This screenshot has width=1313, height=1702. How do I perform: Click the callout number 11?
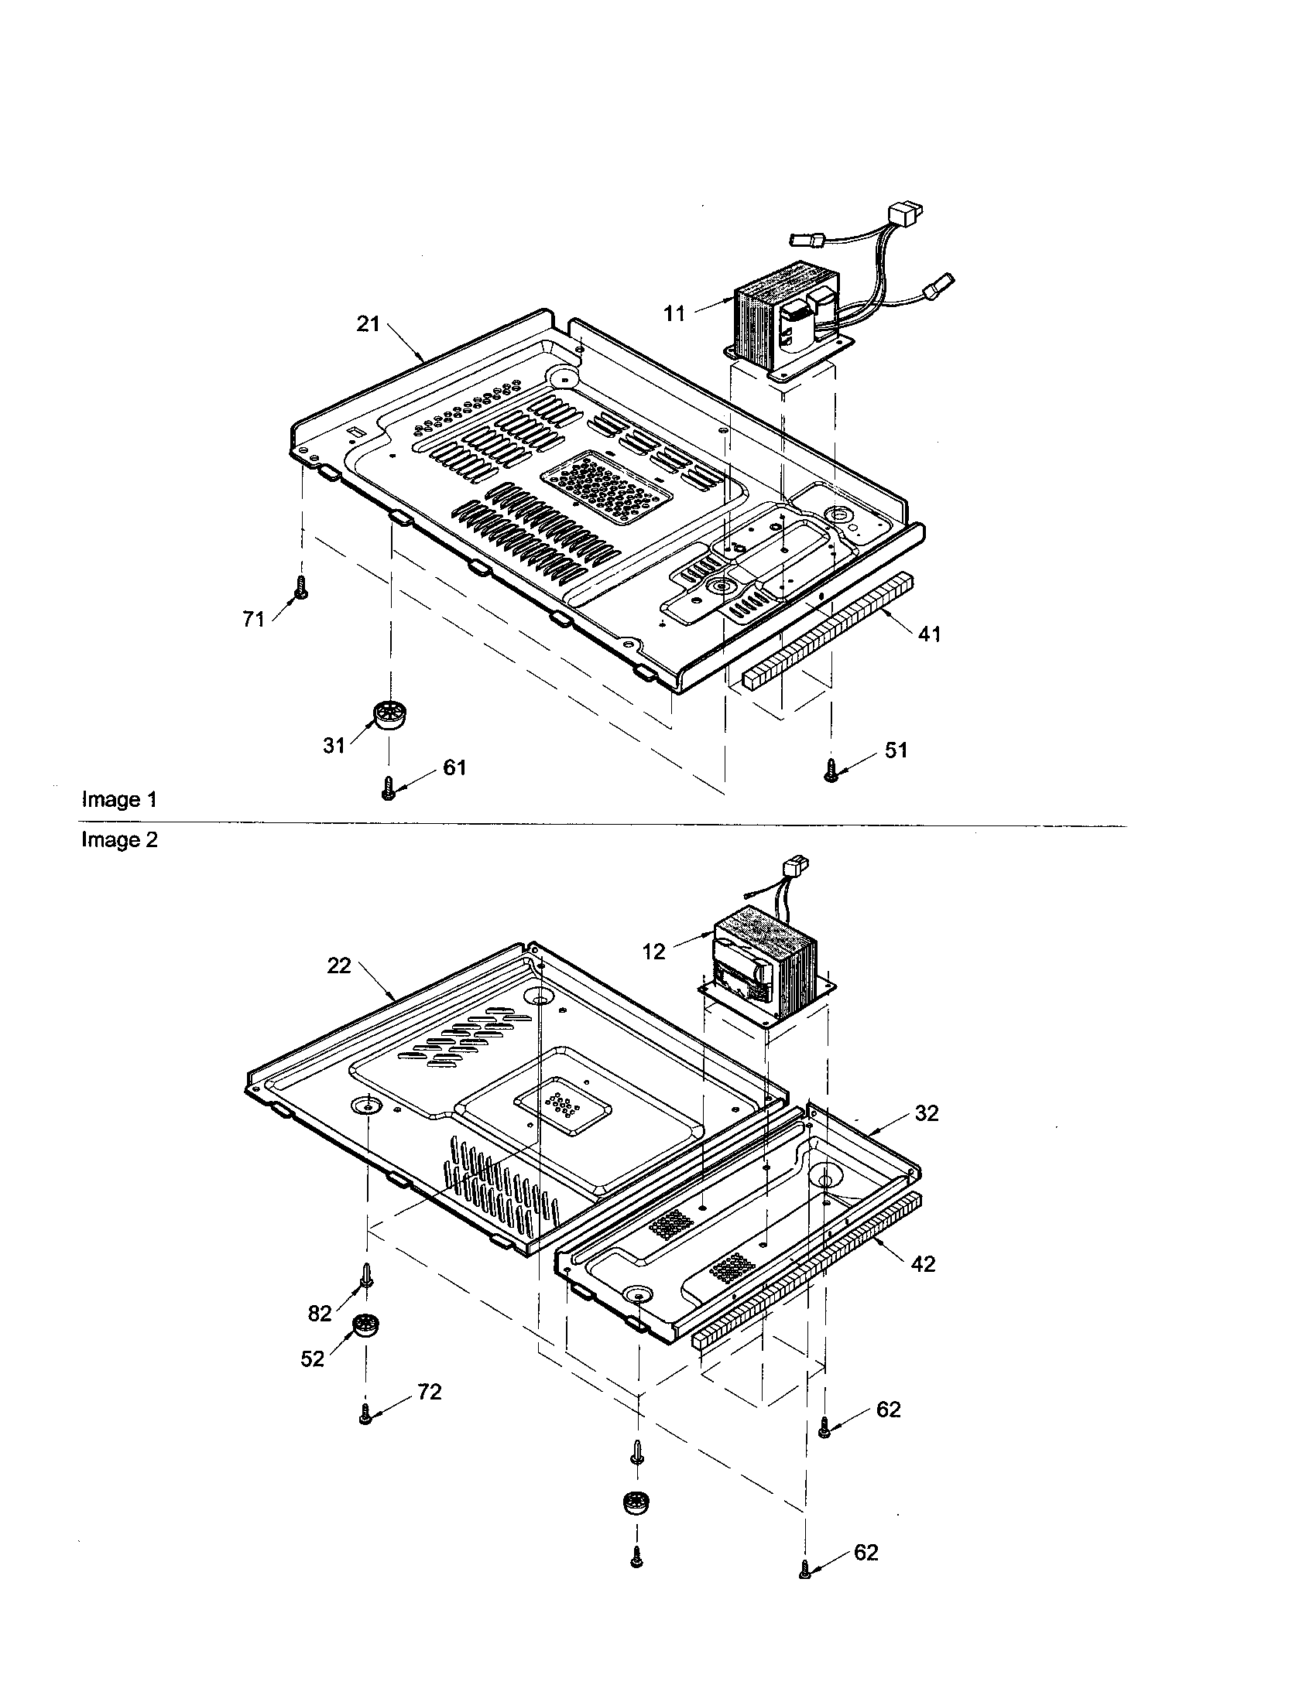coord(674,314)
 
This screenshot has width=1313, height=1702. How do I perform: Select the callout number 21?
coord(367,324)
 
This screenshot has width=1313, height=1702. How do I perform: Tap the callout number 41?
coord(928,634)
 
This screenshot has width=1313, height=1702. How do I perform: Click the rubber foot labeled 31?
coord(388,714)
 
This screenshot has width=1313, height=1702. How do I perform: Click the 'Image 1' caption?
coord(119,800)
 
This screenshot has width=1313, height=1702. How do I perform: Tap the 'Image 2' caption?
coord(119,840)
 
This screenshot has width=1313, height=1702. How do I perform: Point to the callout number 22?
coord(339,965)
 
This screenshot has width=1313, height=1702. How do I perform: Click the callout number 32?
coord(926,1113)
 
